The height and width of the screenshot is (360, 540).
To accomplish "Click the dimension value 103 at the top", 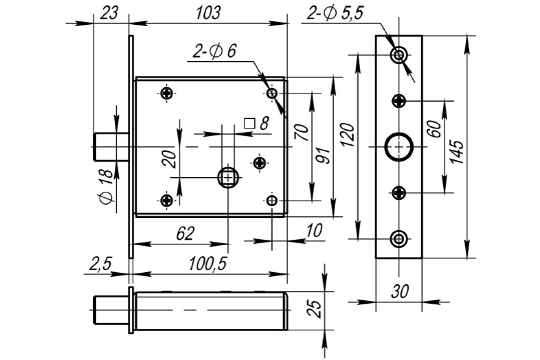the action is pyautogui.click(x=208, y=13).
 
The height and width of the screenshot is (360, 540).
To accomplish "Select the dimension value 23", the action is pyautogui.click(x=109, y=13).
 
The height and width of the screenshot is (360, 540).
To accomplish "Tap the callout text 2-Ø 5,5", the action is pyautogui.click(x=335, y=13).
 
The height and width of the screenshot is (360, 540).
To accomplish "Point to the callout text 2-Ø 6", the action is pyautogui.click(x=215, y=51).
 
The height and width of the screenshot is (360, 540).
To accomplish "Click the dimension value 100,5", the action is pyautogui.click(x=208, y=264).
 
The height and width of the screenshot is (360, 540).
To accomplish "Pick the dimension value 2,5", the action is pyautogui.click(x=100, y=264).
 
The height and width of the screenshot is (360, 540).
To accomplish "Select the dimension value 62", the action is pyautogui.click(x=185, y=234).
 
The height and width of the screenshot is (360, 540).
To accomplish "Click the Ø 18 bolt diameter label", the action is pyautogui.click(x=106, y=187).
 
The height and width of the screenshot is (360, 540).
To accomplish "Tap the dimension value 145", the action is pyautogui.click(x=457, y=152).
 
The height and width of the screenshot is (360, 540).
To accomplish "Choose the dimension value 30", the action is pyautogui.click(x=400, y=292).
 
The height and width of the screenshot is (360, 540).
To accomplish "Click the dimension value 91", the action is pyautogui.click(x=323, y=156).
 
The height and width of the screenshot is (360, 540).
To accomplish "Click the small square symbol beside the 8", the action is pyautogui.click(x=249, y=124).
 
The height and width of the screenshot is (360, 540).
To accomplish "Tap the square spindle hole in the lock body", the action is pyautogui.click(x=228, y=178).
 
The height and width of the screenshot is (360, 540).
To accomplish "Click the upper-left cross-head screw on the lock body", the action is pyautogui.click(x=166, y=93).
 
